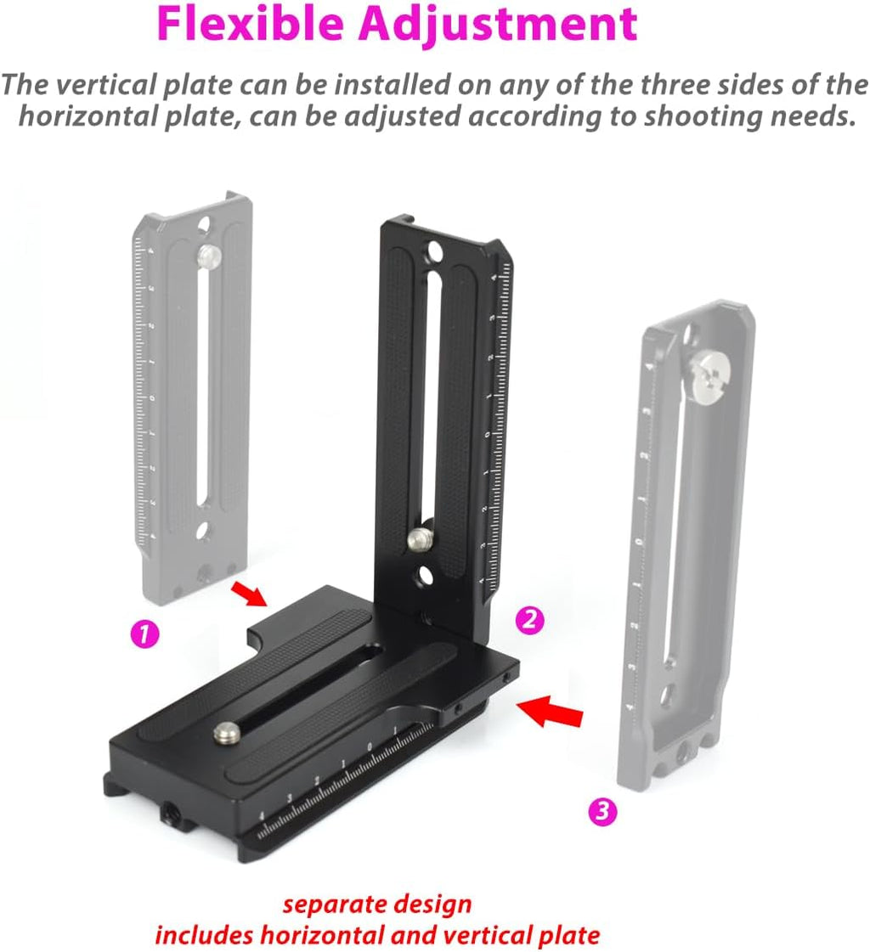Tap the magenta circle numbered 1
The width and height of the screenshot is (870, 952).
pyautogui.click(x=144, y=634)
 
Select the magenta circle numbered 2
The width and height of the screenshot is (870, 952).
pyautogui.click(x=530, y=620)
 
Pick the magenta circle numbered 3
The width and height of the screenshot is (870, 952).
pyautogui.click(x=602, y=811)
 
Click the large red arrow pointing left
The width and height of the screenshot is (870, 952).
pyautogui.click(x=549, y=711)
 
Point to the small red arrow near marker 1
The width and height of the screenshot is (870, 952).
pyautogui.click(x=248, y=594)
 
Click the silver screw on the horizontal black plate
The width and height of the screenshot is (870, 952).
pyautogui.click(x=225, y=734)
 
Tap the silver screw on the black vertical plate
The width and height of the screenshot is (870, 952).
pyautogui.click(x=419, y=537)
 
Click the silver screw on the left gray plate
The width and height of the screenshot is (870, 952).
pyautogui.click(x=208, y=255)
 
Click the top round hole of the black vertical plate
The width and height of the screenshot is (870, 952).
pyautogui.click(x=435, y=250)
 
